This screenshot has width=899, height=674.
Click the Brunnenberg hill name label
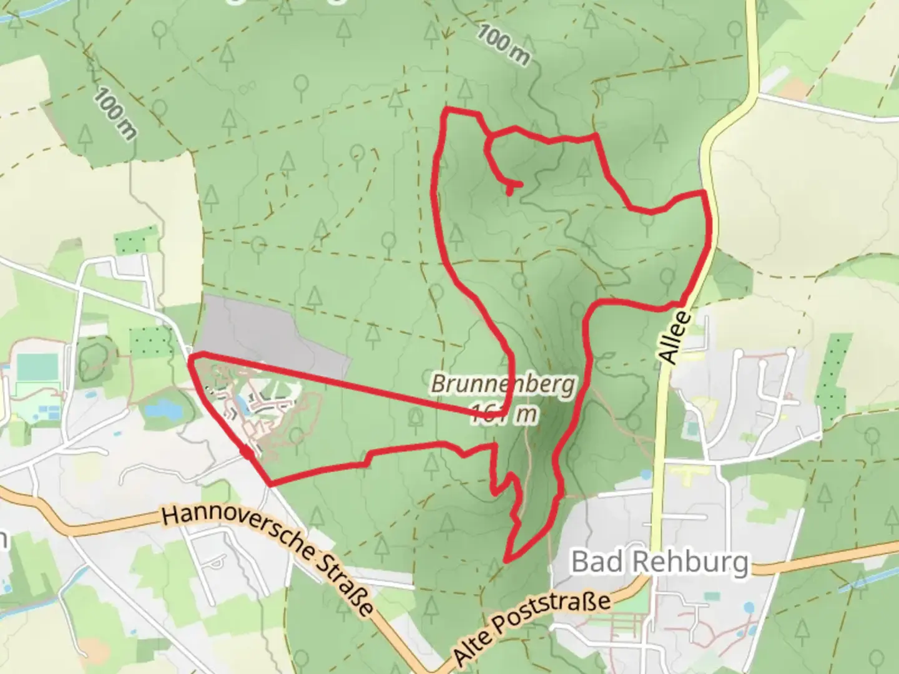502,384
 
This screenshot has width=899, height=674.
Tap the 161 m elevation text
503,413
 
